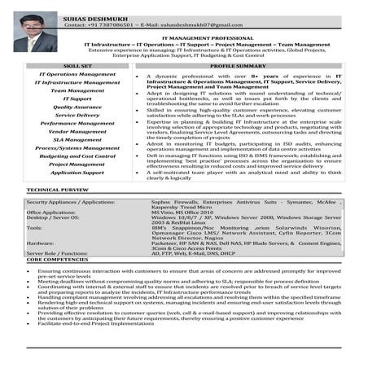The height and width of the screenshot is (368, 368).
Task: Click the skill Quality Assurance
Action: point(77,107)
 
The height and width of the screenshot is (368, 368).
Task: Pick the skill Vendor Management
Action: point(77,131)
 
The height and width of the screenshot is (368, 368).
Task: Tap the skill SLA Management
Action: point(77,139)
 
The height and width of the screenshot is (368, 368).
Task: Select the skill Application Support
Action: point(77,173)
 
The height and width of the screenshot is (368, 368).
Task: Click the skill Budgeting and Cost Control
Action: point(77,156)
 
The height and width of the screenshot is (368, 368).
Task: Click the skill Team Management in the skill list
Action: point(77,90)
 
